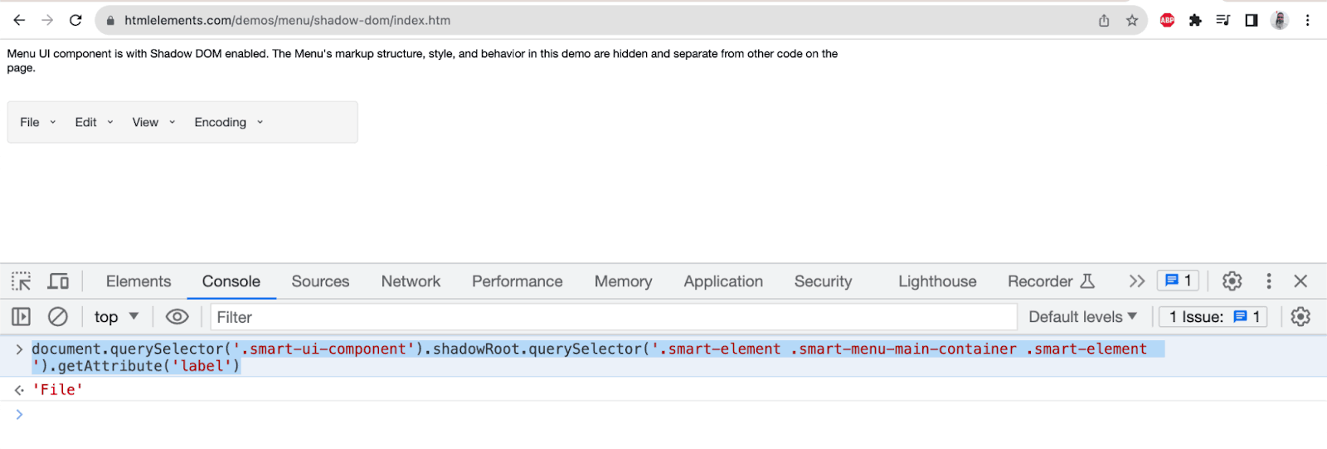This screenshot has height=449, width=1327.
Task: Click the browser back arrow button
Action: [x=19, y=20]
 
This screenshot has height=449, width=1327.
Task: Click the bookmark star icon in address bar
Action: [x=1131, y=21]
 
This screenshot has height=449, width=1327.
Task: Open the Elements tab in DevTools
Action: [x=139, y=281]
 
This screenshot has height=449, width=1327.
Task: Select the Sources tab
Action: [x=320, y=281]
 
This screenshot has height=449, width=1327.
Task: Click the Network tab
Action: [x=411, y=281]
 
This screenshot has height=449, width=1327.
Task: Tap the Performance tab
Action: [x=517, y=281]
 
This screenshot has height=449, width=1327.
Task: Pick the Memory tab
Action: [x=623, y=281]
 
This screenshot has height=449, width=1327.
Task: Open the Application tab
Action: [x=723, y=281]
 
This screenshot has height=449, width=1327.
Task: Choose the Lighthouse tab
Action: [x=937, y=281]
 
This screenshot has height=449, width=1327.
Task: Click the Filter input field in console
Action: [x=614, y=317]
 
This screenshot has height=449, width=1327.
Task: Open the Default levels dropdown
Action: [x=1082, y=317]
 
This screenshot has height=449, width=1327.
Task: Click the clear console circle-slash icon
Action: [x=58, y=316]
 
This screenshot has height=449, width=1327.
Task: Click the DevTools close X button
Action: [x=1300, y=281]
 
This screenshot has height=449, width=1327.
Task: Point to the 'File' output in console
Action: [x=57, y=390]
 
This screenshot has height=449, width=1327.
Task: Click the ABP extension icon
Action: [x=1167, y=21]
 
